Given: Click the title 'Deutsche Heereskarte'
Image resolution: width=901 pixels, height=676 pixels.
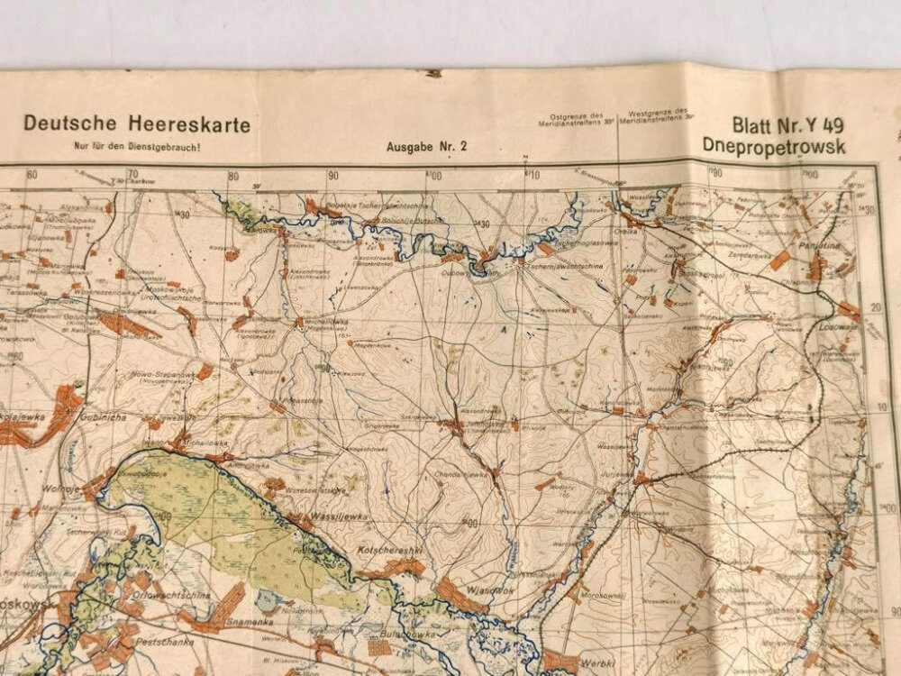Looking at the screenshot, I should coord(137,124).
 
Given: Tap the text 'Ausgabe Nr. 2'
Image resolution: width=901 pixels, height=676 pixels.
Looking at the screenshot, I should coord(427,146).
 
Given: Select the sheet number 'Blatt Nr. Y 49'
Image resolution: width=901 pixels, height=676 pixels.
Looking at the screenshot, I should coord(787,125).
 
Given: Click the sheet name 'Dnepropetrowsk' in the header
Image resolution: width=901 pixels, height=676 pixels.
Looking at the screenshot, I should coord(775,147).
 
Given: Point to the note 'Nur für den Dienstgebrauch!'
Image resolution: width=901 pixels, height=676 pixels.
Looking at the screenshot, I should coord(137,146).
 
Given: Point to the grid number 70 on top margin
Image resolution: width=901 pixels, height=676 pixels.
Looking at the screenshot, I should coord(133,175).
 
